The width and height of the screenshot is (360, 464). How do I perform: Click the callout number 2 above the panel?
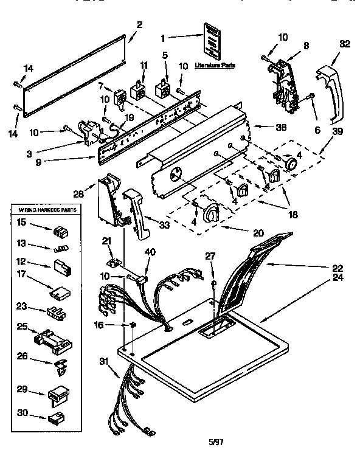(x=139, y=25)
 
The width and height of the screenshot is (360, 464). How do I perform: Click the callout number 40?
(x=151, y=252)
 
